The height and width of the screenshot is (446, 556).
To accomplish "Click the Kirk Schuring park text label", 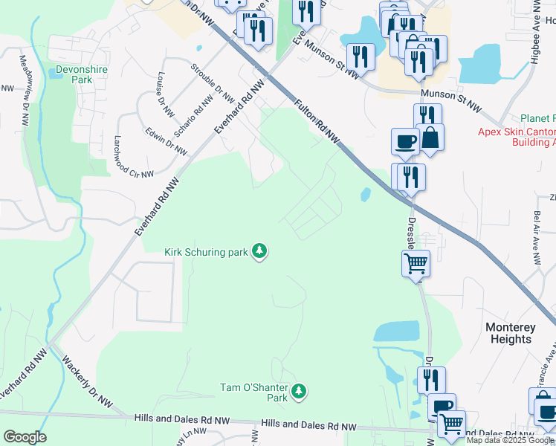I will [206, 252].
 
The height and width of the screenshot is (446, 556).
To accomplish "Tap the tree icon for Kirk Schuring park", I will [259, 252].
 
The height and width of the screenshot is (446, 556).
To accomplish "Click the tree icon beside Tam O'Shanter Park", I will [298, 390].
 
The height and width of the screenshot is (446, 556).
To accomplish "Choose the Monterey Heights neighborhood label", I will [509, 333].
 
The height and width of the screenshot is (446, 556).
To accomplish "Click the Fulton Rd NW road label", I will [317, 121].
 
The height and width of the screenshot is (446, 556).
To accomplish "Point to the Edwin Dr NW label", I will [166, 140].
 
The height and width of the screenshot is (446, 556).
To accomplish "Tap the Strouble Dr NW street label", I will [213, 83].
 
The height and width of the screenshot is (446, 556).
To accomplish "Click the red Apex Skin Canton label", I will [516, 132].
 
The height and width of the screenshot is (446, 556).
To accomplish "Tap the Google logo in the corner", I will [25, 437].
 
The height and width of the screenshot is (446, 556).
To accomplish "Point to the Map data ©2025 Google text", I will [510, 440].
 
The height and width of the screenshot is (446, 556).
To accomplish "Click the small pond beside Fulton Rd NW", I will [365, 195].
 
